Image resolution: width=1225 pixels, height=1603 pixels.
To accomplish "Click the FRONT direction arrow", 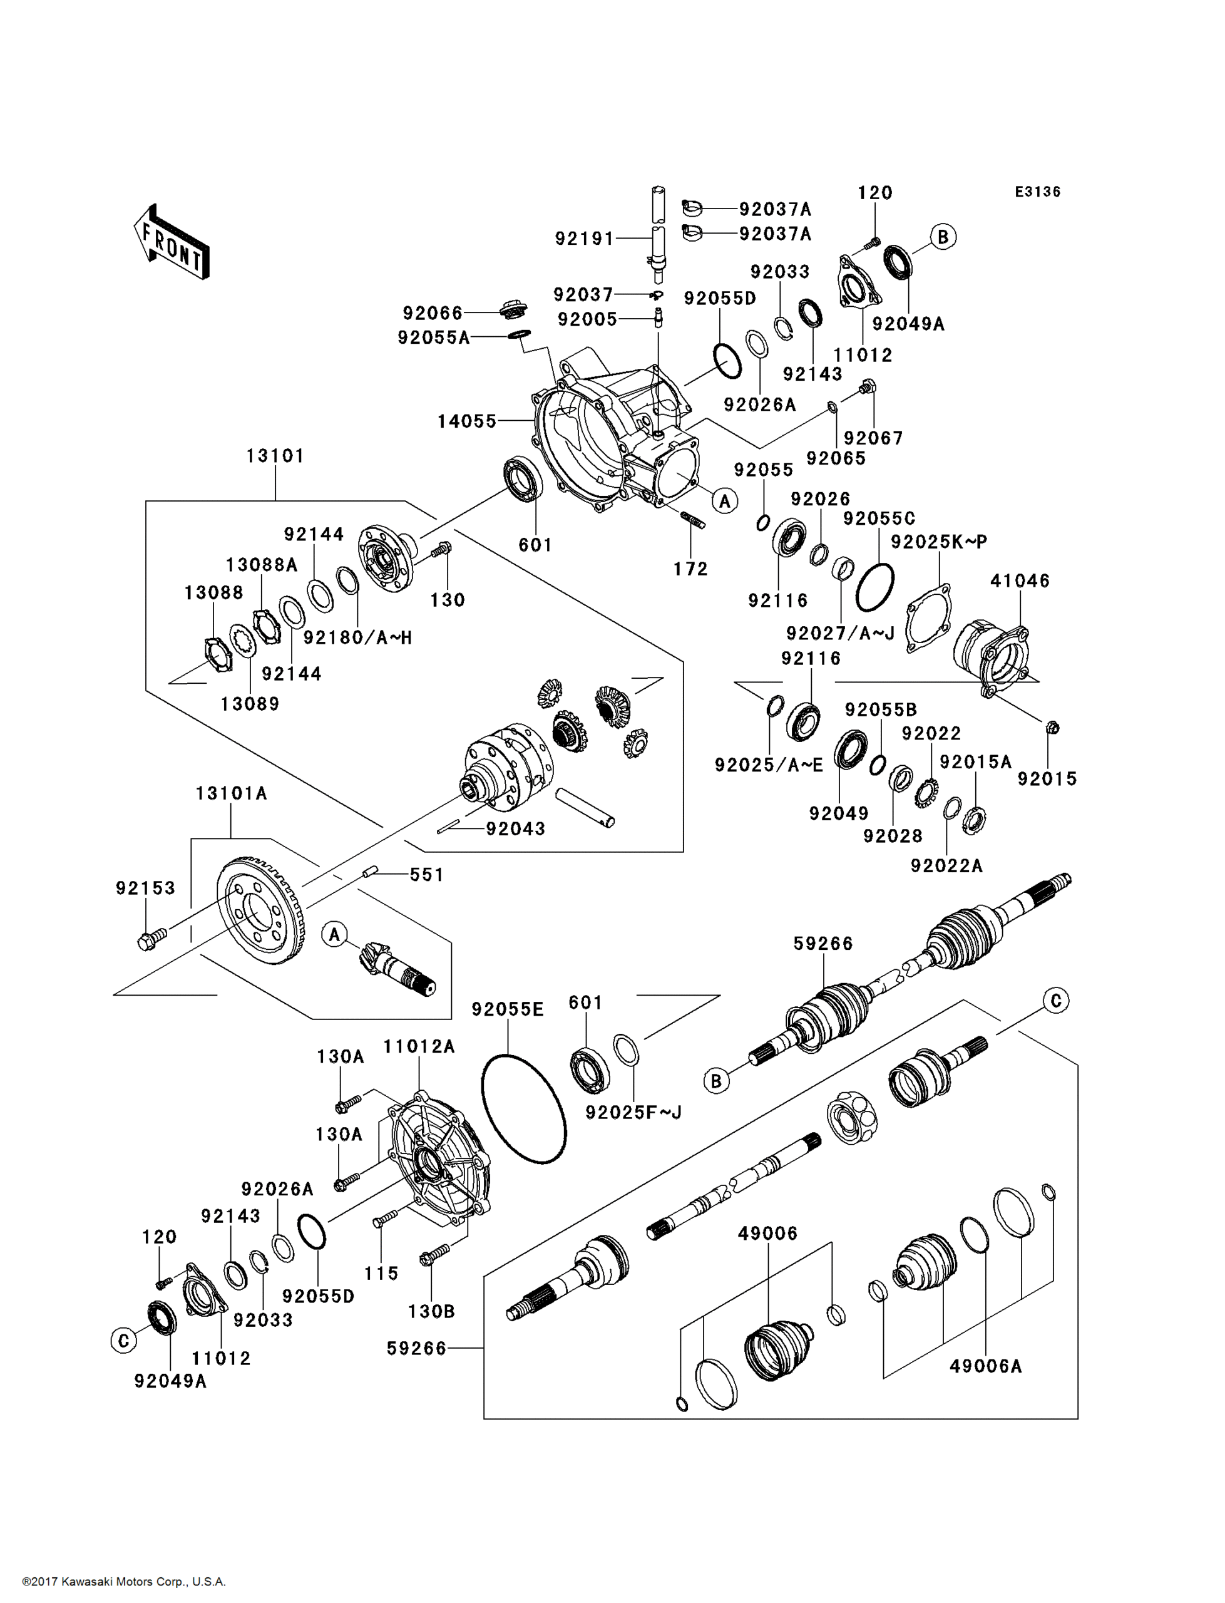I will point(172,243).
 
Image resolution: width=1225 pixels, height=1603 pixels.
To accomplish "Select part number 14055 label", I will point(467,421).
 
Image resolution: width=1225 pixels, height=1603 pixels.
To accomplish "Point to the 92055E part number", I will point(508,1009).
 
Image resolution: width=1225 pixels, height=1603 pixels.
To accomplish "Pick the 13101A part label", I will point(231,793).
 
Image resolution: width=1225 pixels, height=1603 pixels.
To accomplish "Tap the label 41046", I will point(1020,580).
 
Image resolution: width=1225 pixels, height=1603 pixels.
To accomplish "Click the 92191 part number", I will point(585,239).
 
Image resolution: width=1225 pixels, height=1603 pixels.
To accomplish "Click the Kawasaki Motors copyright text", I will point(124,1582).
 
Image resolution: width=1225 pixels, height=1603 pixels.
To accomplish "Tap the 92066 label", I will point(433,313).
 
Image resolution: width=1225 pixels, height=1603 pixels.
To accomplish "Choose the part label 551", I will point(426,874).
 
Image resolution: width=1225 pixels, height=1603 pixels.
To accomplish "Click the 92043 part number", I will point(516,828).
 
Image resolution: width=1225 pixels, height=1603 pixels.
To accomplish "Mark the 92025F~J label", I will point(633,1112).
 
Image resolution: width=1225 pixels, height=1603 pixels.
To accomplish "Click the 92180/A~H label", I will point(357,637).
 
